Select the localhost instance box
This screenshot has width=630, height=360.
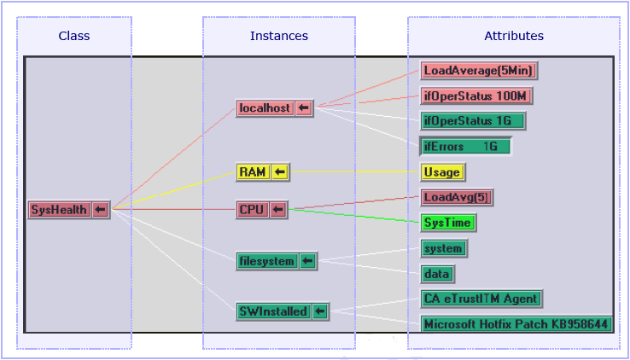tap(265, 108)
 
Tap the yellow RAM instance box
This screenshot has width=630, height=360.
tap(253, 172)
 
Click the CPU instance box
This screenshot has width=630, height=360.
tap(253, 210)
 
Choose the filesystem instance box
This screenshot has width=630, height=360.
tap(267, 261)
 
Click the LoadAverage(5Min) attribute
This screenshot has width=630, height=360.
tap(479, 70)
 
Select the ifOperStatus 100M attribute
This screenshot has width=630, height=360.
tap(477, 96)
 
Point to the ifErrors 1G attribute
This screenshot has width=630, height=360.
tap(465, 146)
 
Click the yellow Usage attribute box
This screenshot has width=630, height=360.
tap(442, 172)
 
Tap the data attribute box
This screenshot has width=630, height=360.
tap(438, 274)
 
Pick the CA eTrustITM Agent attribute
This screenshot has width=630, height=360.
tap(481, 299)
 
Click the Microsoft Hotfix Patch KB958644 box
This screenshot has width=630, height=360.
tap(516, 324)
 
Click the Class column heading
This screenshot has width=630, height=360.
tap(74, 36)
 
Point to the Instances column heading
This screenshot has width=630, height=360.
tap(279, 36)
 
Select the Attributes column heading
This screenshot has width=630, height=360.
tap(514, 36)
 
